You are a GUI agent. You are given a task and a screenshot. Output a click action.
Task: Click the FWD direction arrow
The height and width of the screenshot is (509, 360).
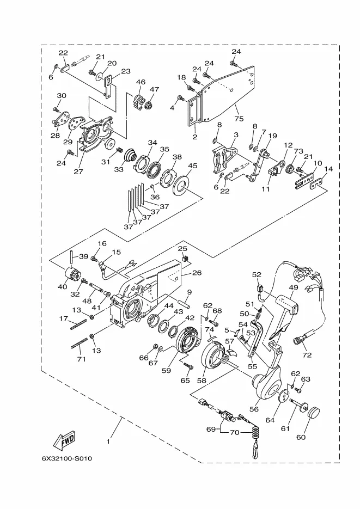[x=64, y=441]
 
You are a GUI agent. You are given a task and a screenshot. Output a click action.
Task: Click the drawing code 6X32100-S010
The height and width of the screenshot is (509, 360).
[x=67, y=458]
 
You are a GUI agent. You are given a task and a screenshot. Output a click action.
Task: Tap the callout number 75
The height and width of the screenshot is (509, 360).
[x=239, y=119]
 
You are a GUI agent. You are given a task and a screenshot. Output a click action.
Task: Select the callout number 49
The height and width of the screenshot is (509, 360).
[x=294, y=287]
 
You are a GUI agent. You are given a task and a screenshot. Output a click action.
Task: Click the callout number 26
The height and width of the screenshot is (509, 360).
[x=197, y=273]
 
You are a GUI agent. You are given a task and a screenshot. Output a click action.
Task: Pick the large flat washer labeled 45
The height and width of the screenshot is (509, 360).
[x=182, y=186]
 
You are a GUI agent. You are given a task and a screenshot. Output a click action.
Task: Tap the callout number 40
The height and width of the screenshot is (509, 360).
[x=62, y=287]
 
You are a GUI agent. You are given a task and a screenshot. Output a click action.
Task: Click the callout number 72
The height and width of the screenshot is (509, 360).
[x=307, y=355]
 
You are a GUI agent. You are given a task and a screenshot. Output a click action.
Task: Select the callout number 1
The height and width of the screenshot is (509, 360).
[x=108, y=441]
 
